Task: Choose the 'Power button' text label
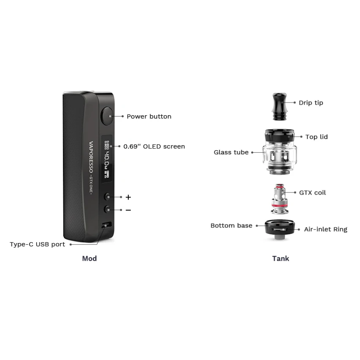click(x=149, y=116)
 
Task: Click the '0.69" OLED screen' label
click(x=154, y=146)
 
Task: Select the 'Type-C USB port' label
click(x=38, y=244)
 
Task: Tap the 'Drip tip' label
click(x=311, y=103)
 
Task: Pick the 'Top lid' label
click(x=317, y=137)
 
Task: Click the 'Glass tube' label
click(x=231, y=152)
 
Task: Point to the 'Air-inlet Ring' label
click(x=325, y=230)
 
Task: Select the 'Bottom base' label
click(x=231, y=226)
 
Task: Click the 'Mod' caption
click(x=89, y=258)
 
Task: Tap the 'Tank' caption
click(x=281, y=258)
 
